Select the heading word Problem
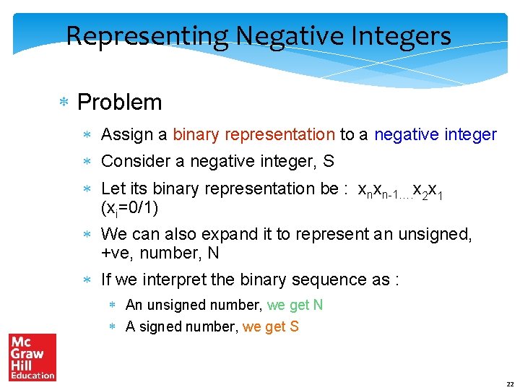coord(119,103)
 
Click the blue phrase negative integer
coord(435,135)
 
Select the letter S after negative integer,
coord(328,162)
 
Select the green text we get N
coord(295,305)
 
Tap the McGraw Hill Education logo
coord(32,357)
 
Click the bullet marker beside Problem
coord(64,103)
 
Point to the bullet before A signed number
coord(113,327)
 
